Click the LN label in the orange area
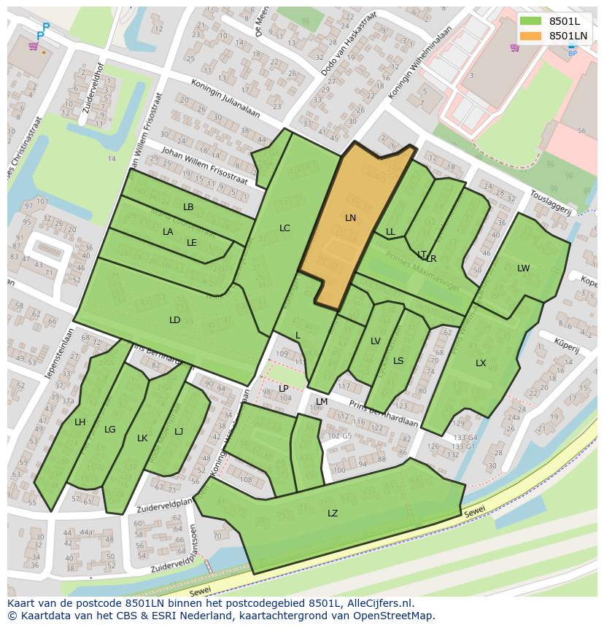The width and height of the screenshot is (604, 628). [x=350, y=218]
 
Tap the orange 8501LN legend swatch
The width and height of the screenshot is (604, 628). [x=531, y=36]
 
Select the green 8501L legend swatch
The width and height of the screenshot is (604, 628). [x=531, y=21]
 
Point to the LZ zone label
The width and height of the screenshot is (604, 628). [x=333, y=513]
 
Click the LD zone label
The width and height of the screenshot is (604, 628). [x=175, y=320]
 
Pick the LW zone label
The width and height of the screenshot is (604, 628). [x=523, y=268]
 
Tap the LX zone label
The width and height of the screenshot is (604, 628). [x=481, y=363]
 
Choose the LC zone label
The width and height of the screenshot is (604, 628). [x=284, y=228]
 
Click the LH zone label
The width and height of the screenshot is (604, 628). [x=80, y=422]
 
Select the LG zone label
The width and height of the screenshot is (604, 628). [x=110, y=430]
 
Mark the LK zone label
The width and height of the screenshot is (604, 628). [x=142, y=438]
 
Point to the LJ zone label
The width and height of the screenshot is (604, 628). [x=179, y=432]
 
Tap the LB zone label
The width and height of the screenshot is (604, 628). [x=188, y=207]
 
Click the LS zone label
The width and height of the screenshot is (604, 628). [x=398, y=361]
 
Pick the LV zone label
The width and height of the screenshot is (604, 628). [x=376, y=341]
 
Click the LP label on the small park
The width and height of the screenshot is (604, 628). [x=284, y=389]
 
